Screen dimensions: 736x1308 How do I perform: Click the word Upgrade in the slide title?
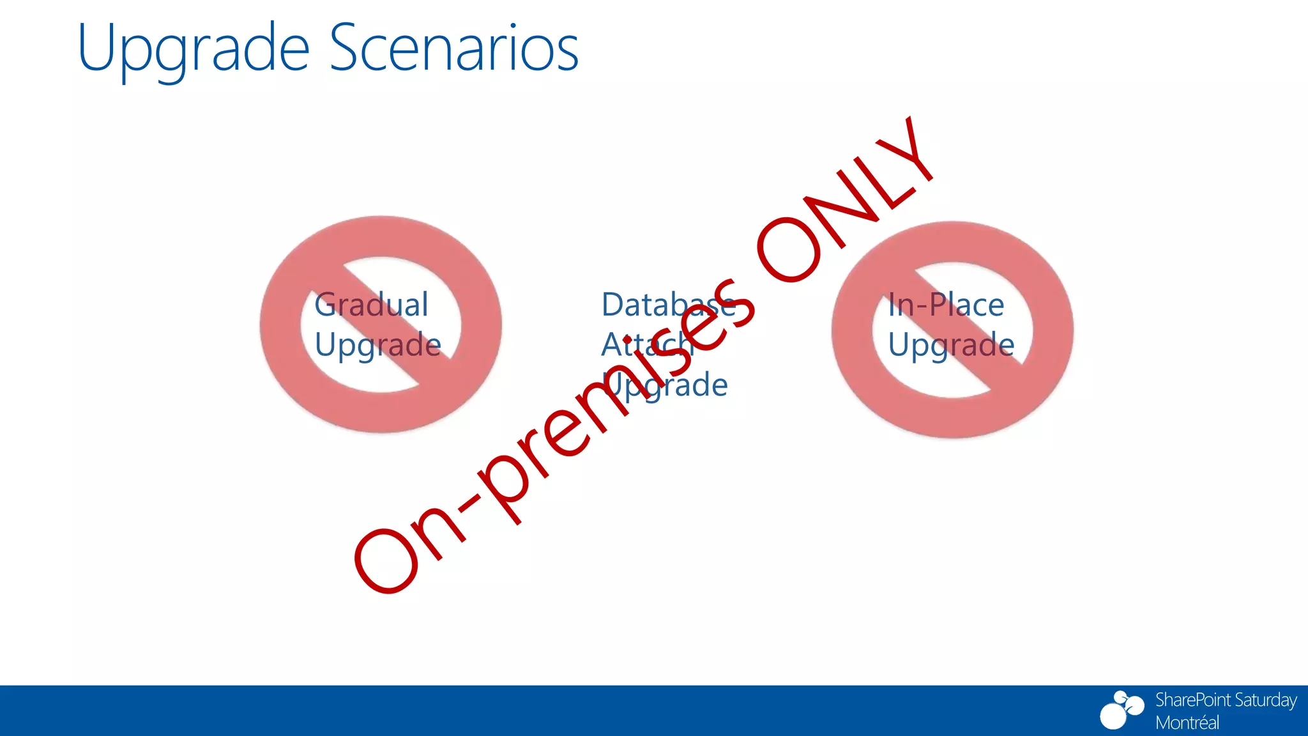193,50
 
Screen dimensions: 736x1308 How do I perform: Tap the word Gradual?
371,305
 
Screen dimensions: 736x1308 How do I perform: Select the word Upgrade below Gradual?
377,346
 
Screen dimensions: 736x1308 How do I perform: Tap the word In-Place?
946,305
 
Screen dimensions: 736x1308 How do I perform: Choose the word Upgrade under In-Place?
951,346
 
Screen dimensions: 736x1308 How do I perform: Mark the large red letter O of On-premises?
387,560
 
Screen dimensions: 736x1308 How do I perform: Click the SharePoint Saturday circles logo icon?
1121,710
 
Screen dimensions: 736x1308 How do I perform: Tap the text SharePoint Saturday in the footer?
1225,700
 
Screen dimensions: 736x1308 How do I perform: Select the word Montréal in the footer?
1187,723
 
